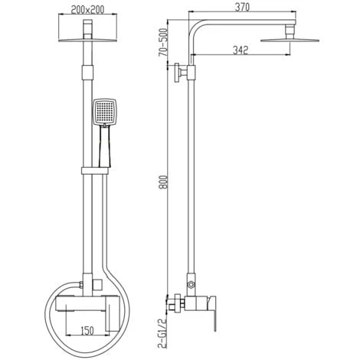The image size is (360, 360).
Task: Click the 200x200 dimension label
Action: click(x=87, y=10)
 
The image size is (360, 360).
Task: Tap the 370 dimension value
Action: click(x=242, y=8)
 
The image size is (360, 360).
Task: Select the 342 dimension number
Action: click(x=241, y=50)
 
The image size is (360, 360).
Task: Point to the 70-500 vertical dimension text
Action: click(x=163, y=42)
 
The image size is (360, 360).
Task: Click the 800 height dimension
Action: click(x=163, y=182)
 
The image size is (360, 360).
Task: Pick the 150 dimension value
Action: click(x=87, y=331)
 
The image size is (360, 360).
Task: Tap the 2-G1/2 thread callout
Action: click(x=162, y=333)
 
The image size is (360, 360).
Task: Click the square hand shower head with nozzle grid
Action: click(x=105, y=112)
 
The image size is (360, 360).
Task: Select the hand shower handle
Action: click(x=104, y=146)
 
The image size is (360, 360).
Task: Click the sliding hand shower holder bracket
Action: click(x=95, y=171)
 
